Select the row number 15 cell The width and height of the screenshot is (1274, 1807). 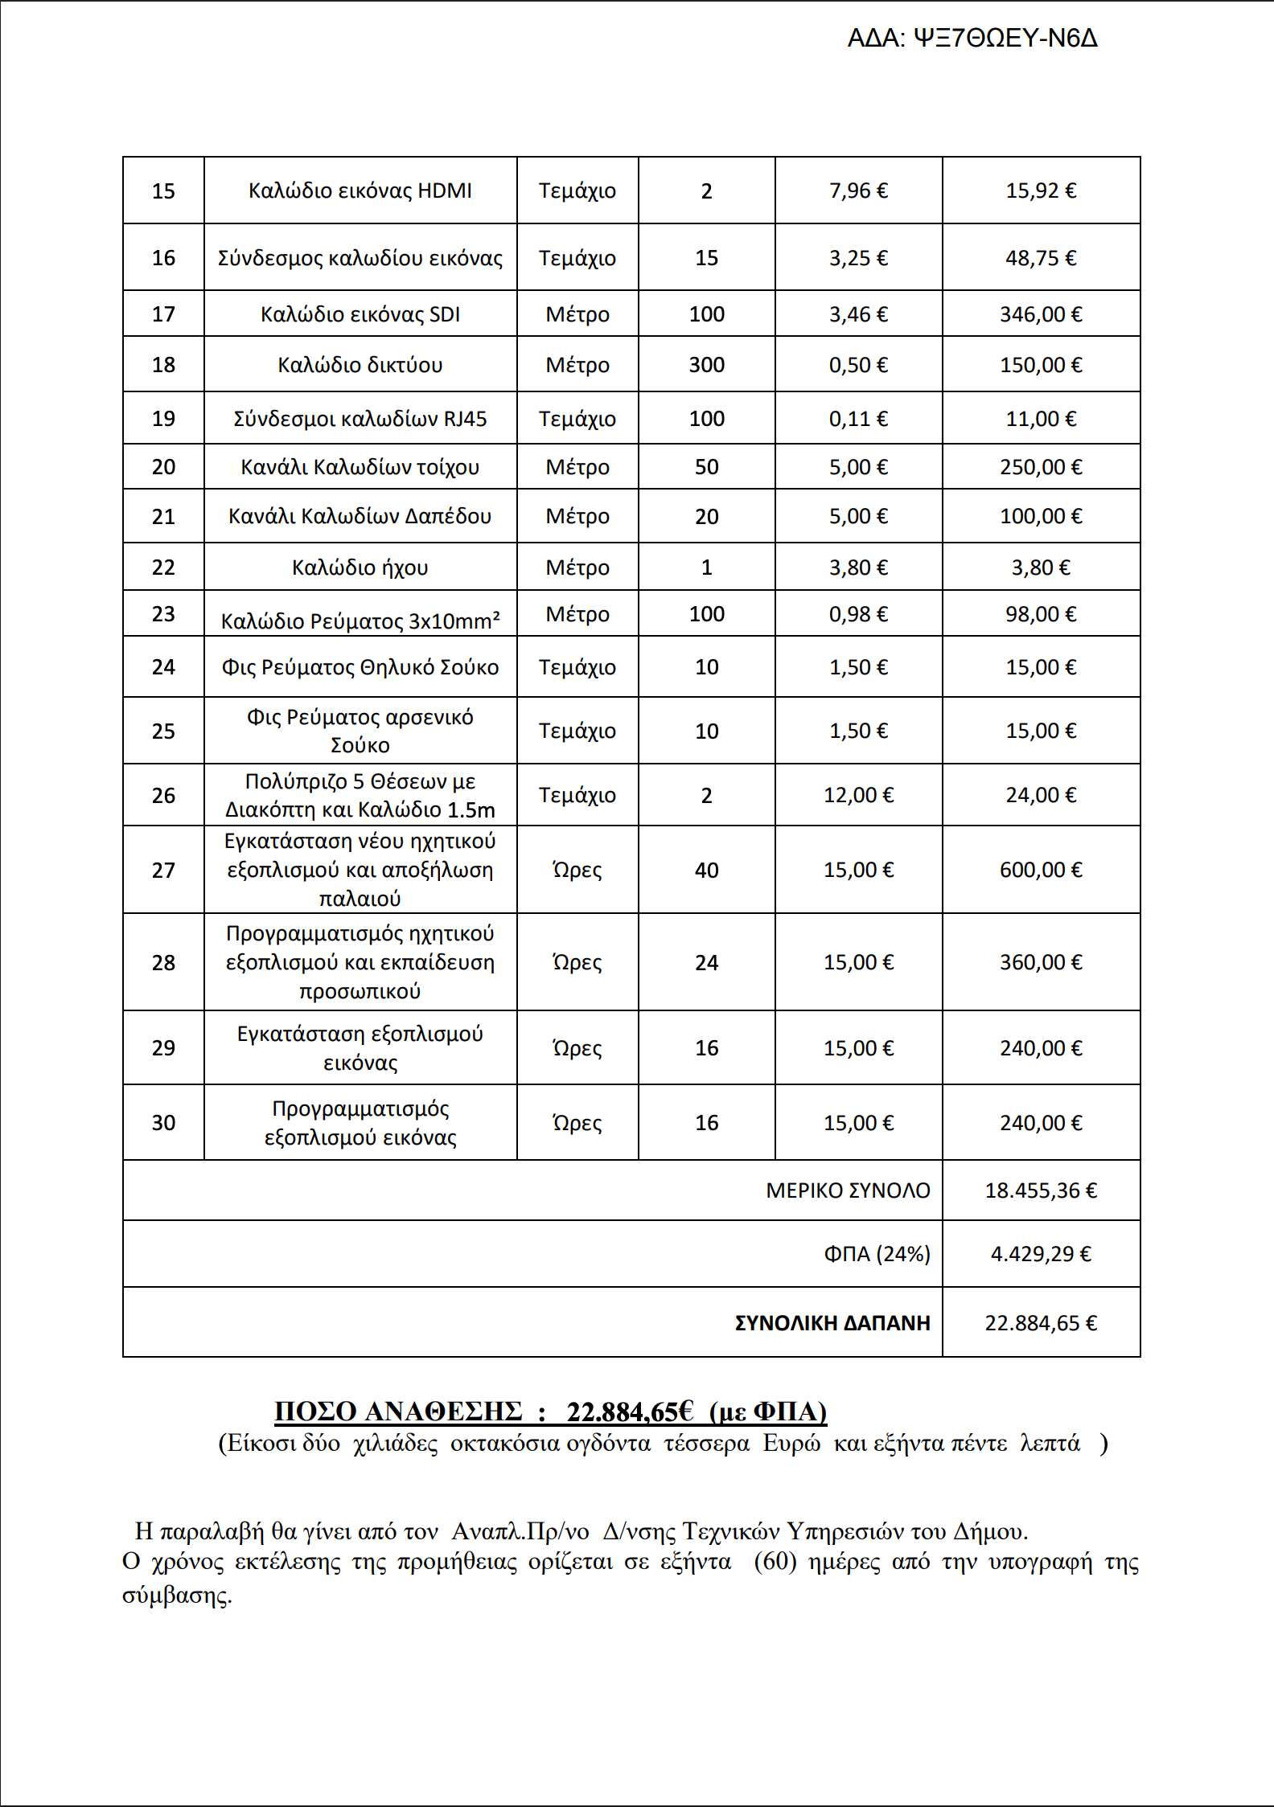(163, 191)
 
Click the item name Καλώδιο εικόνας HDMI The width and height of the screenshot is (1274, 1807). (360, 191)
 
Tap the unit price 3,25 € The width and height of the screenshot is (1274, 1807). (858, 258)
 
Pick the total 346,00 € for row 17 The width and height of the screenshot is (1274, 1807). (1041, 314)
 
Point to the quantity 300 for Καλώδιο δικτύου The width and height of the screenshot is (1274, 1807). (706, 365)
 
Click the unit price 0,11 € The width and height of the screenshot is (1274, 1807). (858, 419)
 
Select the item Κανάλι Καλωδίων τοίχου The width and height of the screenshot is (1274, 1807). (360, 467)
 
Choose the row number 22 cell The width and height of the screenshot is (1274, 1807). (163, 568)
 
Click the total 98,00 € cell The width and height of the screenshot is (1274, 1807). (1041, 614)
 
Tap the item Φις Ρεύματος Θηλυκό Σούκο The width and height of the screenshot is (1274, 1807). (360, 667)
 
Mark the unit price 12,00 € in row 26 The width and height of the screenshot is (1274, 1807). (858, 795)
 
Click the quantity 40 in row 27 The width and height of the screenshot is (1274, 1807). (706, 870)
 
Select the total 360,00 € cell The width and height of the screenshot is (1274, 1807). (1041, 962)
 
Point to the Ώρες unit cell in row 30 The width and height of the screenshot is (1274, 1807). (577, 1123)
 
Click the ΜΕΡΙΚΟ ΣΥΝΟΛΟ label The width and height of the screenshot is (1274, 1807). (848, 1190)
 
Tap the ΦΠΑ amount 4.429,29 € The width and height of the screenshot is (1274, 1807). (1041, 1254)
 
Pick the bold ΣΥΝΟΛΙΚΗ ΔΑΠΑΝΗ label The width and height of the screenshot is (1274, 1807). (832, 1323)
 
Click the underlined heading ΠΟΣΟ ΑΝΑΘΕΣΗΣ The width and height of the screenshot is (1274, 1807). (398, 1412)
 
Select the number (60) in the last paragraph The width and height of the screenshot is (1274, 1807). (775, 1562)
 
